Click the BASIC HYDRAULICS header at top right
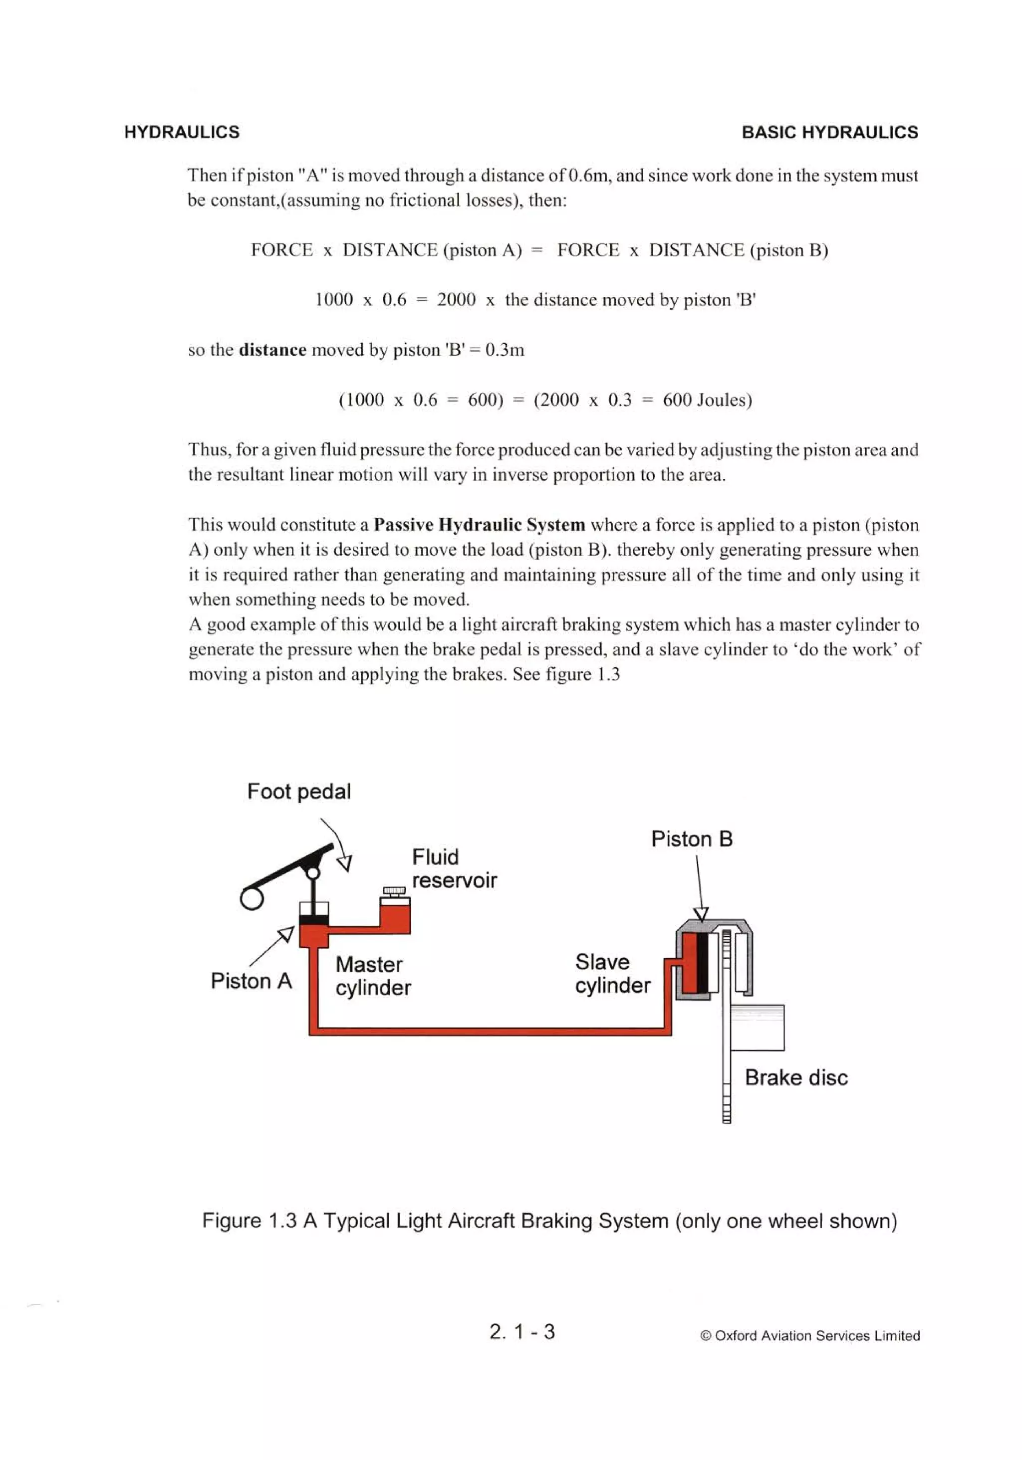click(x=829, y=132)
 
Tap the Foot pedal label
click(x=298, y=792)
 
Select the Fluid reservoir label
click(x=453, y=868)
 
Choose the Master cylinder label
click(x=373, y=976)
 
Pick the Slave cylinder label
click(x=612, y=974)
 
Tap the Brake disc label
click(x=795, y=1077)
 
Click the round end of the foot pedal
click(x=252, y=898)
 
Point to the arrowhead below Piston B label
click(x=701, y=914)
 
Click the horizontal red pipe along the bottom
click(x=490, y=1031)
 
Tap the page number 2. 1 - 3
click(x=522, y=1331)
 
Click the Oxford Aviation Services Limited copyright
click(x=809, y=1335)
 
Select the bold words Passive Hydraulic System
click(x=479, y=525)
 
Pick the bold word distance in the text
click(x=272, y=350)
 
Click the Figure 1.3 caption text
click(x=549, y=1222)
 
